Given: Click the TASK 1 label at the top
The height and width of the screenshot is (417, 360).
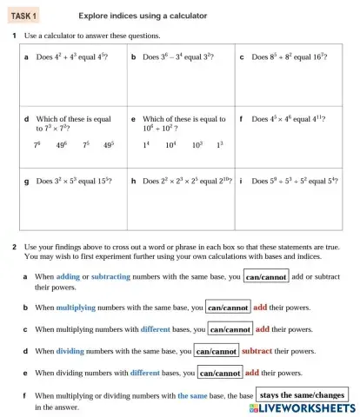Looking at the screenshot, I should point(24,16).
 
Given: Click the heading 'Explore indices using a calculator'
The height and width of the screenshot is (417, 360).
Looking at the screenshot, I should point(143,16).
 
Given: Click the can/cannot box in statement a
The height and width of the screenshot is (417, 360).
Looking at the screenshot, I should point(266,277).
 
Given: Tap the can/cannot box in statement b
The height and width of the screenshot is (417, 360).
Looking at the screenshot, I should point(228,308).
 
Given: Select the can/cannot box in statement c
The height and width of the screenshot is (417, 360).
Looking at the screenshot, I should point(230,329).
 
